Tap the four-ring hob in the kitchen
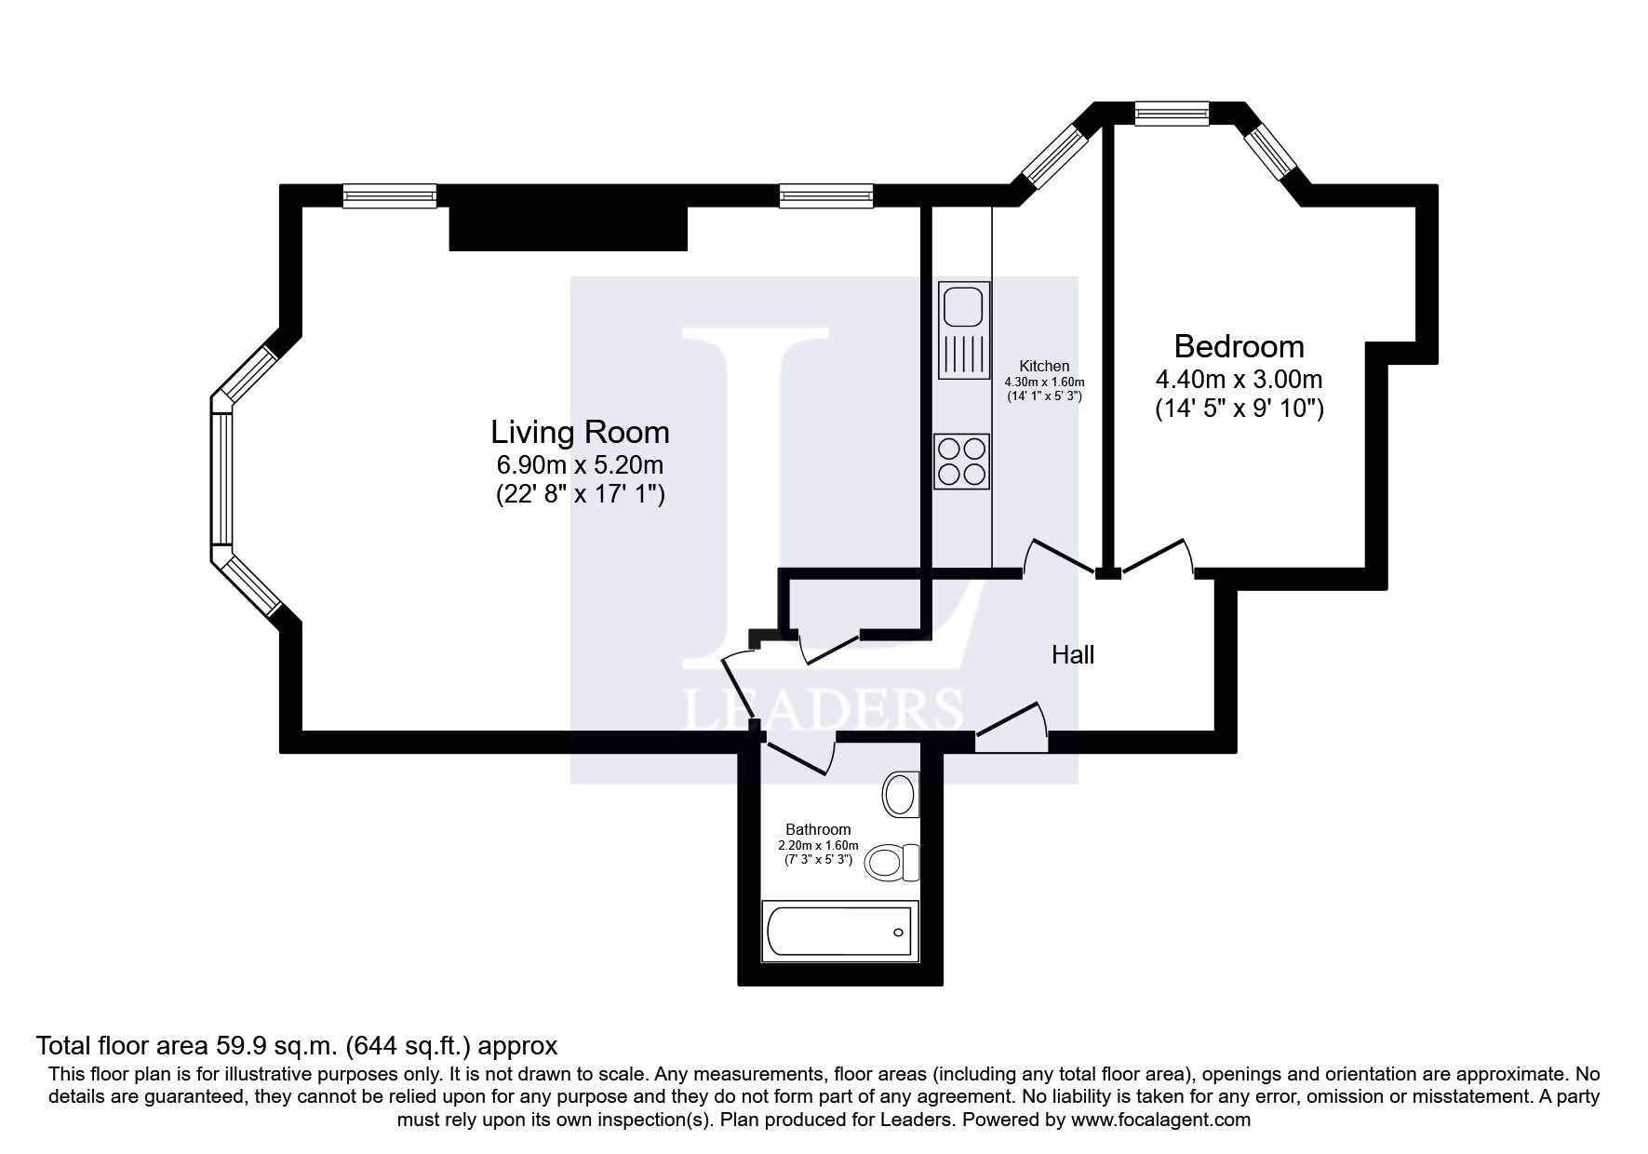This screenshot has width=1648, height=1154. click(x=961, y=462)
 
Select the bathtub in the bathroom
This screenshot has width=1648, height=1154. click(x=837, y=932)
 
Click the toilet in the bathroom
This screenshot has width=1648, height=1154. click(x=892, y=862)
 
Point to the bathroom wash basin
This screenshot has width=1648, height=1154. click(x=900, y=794)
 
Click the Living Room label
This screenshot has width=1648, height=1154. click(x=580, y=433)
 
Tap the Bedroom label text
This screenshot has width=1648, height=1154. click(x=1239, y=347)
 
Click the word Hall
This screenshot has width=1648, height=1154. click(x=1072, y=655)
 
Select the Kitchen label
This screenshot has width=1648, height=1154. click(x=1044, y=366)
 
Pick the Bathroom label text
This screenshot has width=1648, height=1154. click(x=818, y=829)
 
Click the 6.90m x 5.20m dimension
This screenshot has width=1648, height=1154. click(x=580, y=464)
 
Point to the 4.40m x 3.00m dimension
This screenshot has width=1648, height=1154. click(x=1239, y=380)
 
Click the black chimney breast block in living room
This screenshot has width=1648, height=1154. click(x=568, y=229)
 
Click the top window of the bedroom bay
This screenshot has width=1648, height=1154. click(x=1172, y=114)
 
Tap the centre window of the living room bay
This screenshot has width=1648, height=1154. click(x=221, y=479)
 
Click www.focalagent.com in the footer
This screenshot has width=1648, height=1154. click(x=1160, y=1120)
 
